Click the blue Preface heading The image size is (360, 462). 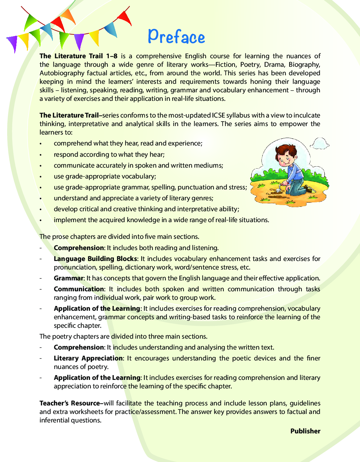(x=176, y=36)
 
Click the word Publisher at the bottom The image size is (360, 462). (x=305, y=431)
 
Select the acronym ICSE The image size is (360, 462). (x=219, y=115)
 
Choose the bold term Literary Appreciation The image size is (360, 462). (x=88, y=358)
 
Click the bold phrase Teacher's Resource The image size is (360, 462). (x=70, y=403)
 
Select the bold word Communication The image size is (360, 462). (x=79, y=289)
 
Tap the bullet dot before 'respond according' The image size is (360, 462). (x=41, y=155)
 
